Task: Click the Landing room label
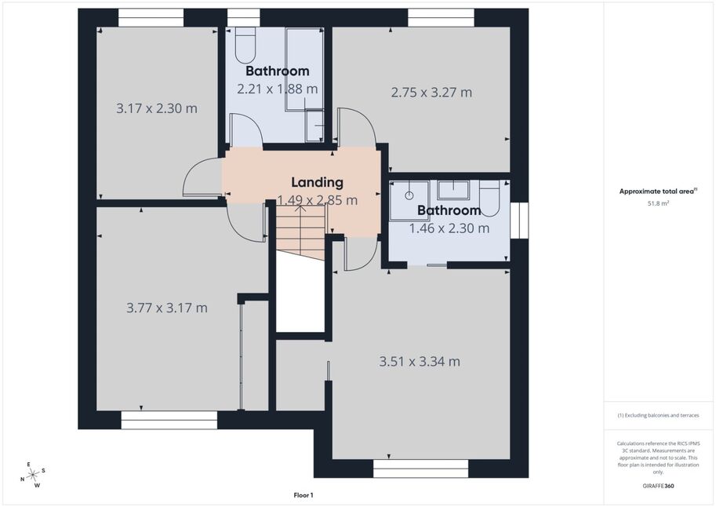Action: point(318,182)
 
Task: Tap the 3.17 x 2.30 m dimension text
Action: point(157,108)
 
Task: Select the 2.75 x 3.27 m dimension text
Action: point(431,93)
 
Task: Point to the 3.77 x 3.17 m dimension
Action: point(167,308)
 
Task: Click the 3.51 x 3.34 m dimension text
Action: point(420,362)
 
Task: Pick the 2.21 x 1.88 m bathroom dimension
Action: point(277,89)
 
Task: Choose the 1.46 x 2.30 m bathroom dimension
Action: point(449,228)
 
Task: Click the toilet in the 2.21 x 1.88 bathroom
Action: point(245,45)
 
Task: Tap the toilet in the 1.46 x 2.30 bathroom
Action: point(489,199)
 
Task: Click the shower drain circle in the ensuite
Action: point(409,195)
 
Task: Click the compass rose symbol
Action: point(33,475)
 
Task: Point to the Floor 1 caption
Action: point(303,495)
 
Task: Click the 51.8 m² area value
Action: point(658,203)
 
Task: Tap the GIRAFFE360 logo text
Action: point(657,486)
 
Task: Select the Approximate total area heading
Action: point(657,191)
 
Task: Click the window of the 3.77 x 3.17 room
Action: point(169,420)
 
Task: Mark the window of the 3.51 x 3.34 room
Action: point(420,469)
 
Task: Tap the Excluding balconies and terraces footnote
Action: point(658,415)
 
